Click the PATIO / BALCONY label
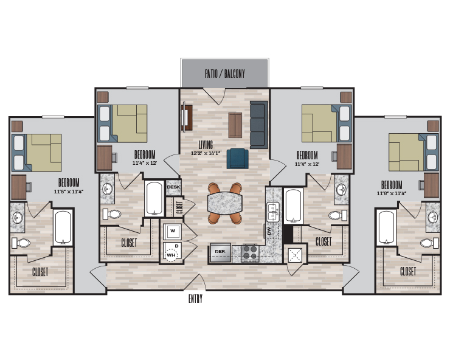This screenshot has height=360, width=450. tap(225, 74)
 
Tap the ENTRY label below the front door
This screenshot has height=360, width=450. tap(195, 299)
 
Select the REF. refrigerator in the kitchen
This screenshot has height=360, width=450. tap(220, 252)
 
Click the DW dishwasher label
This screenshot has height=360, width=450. tap(269, 231)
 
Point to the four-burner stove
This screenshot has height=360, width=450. tap(250, 253)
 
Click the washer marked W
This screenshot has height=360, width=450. tap(172, 232)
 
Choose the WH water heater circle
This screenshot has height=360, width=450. tap(171, 255)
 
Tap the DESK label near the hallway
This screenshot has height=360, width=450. tap(173, 187)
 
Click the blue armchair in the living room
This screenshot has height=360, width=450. tap(238, 159)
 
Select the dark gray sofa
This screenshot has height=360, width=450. tap(259, 125)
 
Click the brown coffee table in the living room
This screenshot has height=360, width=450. tap(235, 125)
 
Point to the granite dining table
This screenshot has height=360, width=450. tap(225, 203)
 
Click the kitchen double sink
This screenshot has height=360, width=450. tap(272, 212)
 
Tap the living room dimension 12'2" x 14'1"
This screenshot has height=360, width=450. tap(206, 153)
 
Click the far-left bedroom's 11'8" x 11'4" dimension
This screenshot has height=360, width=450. tap(69, 191)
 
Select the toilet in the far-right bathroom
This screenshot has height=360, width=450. tap(429, 243)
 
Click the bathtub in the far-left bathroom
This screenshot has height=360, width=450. tap(63, 227)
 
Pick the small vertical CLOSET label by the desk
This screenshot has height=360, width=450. tap(179, 207)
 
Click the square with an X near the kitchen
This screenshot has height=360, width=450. tap(296, 255)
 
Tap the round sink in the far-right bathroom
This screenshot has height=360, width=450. tap(433, 217)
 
